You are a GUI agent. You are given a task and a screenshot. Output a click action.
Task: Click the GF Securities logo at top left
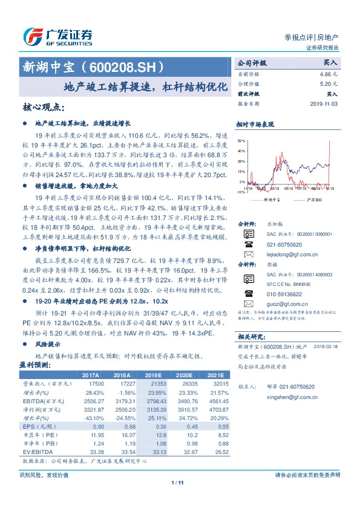pyautogui.click(x=57, y=35)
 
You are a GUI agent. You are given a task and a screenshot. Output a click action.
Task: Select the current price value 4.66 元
pyautogui.click(x=329, y=73)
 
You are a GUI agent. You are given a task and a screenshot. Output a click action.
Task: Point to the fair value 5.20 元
pyautogui.click(x=329, y=83)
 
